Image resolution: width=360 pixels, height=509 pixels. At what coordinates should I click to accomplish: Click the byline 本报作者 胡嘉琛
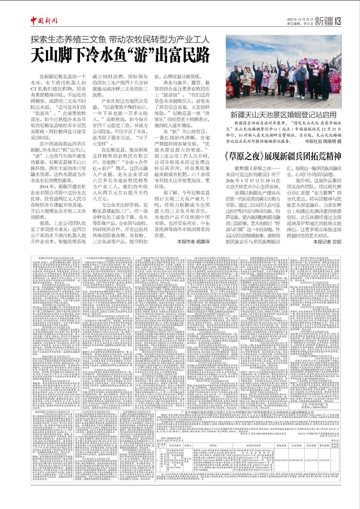coord(193,241)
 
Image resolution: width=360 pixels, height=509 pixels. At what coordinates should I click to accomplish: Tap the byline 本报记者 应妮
coord(327,241)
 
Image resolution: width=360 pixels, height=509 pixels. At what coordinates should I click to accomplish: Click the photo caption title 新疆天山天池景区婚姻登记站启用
coord(283,115)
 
